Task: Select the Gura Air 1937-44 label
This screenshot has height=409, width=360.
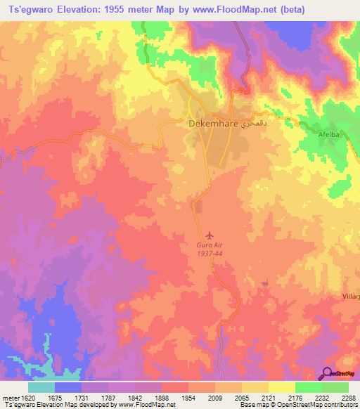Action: pyautogui.click(x=211, y=249)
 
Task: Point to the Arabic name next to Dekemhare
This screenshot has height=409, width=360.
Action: pyautogui.click(x=255, y=124)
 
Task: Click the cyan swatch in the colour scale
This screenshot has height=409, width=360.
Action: pyautogui.click(x=41, y=387)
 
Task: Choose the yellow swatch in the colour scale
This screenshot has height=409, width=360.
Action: pyautogui.click(x=281, y=387)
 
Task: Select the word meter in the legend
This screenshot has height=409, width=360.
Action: pyautogui.click(x=11, y=396)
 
